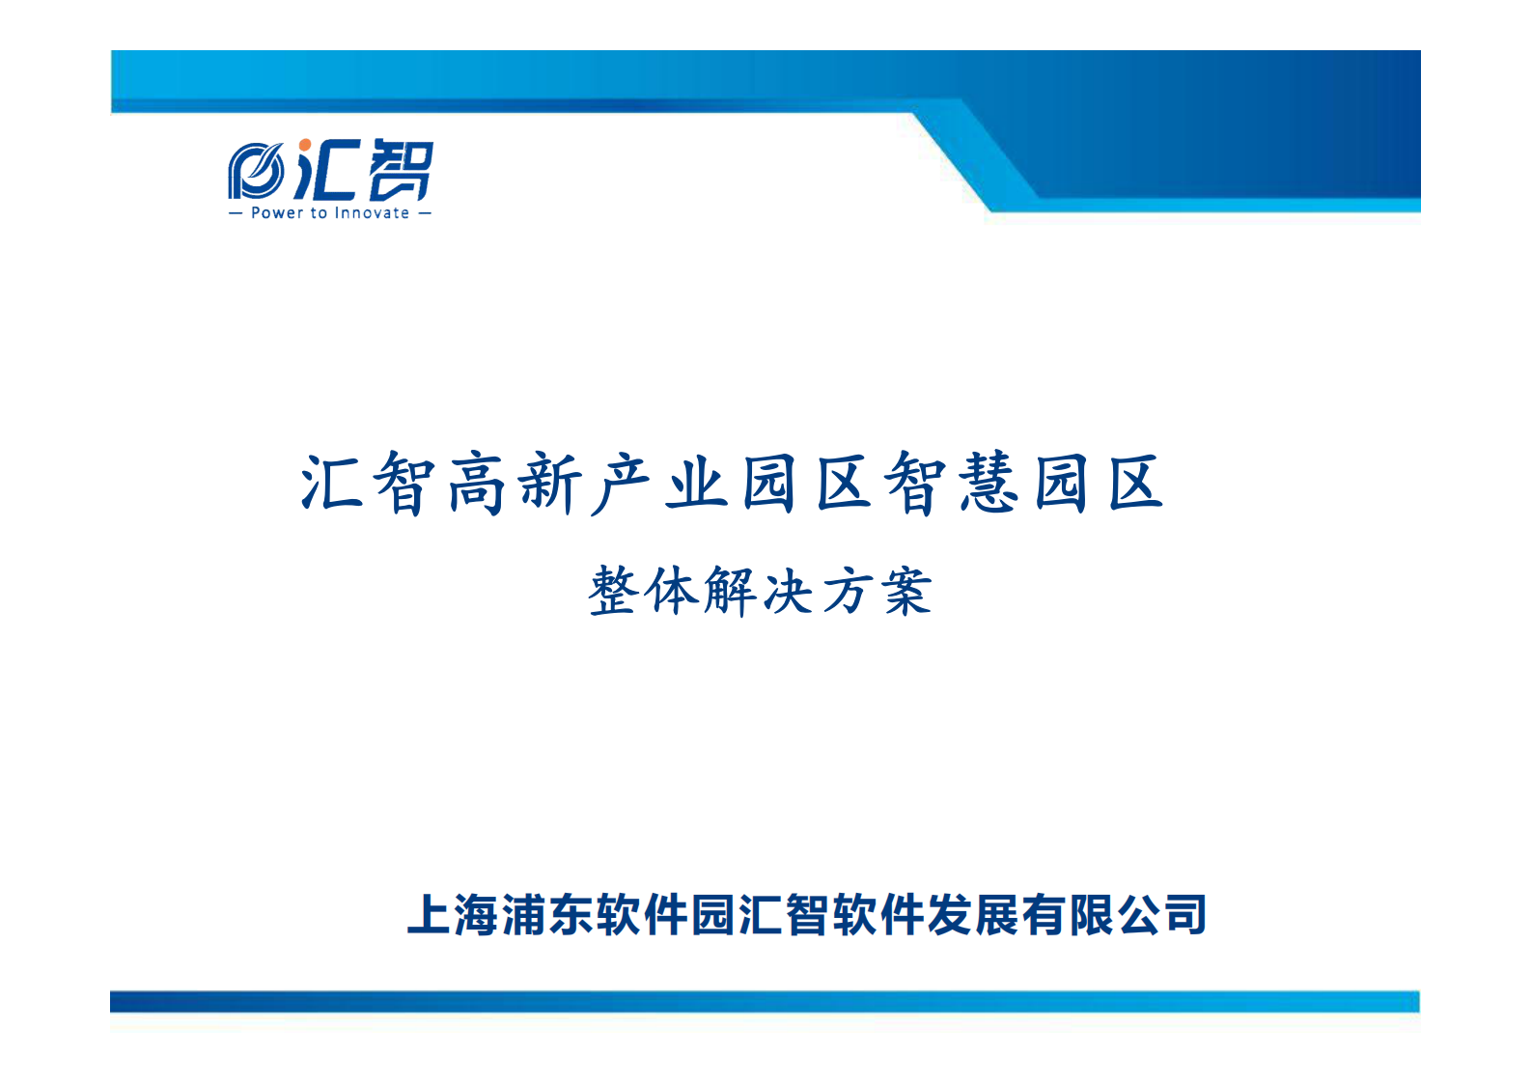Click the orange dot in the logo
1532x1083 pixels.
point(305,146)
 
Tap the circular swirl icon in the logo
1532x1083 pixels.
point(255,172)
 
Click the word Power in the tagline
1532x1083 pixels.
point(276,213)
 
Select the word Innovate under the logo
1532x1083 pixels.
point(372,213)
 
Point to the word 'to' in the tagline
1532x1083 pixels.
point(318,213)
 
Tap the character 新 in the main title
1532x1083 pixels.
point(550,483)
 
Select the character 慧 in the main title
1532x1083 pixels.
point(988,483)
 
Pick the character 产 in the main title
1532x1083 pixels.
point(623,483)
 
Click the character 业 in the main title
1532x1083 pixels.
point(696,483)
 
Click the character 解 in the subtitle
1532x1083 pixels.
point(731,591)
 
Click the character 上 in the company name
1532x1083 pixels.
point(431,915)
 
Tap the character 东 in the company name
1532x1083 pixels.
point(572,915)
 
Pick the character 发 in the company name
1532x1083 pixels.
point(951,915)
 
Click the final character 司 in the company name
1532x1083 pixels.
point(1185,915)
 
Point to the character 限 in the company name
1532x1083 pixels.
point(1092,915)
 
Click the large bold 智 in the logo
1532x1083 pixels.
point(401,170)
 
